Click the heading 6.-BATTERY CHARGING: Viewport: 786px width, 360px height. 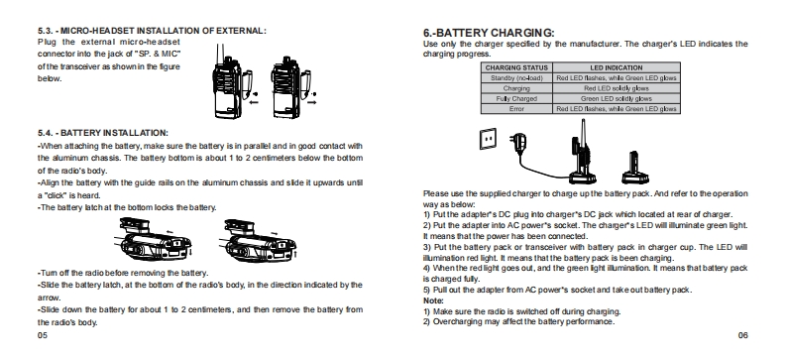[x=489, y=33]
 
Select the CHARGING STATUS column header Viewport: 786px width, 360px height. [x=516, y=67]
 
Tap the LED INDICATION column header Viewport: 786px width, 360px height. [x=617, y=67]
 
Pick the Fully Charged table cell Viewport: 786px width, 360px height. [x=516, y=99]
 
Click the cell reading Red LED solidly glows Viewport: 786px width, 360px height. [x=617, y=88]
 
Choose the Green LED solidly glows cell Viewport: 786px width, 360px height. [x=617, y=99]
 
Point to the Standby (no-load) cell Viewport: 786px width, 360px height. [x=516, y=78]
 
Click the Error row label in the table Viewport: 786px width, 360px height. [x=516, y=109]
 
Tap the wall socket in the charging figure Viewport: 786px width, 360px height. [x=488, y=139]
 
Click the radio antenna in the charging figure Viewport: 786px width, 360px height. [x=583, y=132]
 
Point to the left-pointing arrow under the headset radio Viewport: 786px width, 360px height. [x=254, y=103]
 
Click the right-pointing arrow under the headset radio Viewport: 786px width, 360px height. [x=312, y=103]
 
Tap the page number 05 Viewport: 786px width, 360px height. [x=43, y=335]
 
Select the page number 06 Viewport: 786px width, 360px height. [x=743, y=335]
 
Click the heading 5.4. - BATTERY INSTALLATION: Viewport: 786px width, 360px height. [x=103, y=133]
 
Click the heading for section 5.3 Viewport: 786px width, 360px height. [x=152, y=31]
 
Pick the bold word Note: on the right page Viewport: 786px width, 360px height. [x=433, y=300]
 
